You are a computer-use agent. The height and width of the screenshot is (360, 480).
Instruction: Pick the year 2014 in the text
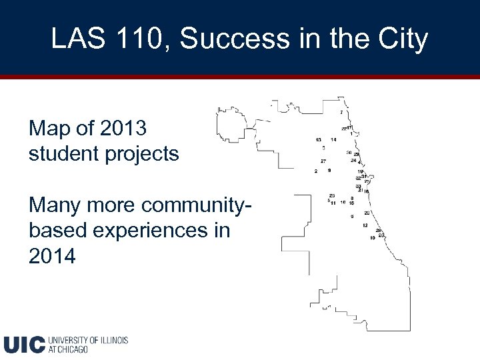click(x=53, y=256)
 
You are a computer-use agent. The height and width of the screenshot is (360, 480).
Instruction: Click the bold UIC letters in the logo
click(x=25, y=344)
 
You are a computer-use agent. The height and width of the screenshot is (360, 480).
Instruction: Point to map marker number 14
click(x=333, y=139)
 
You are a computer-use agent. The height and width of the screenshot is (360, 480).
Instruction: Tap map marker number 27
click(x=323, y=161)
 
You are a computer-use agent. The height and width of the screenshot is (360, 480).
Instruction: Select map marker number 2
click(x=316, y=171)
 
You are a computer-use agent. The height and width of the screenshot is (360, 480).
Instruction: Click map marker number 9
click(x=329, y=171)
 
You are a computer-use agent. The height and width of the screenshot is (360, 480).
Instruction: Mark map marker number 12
click(x=365, y=225)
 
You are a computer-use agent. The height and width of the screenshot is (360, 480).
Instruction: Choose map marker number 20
click(x=367, y=213)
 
